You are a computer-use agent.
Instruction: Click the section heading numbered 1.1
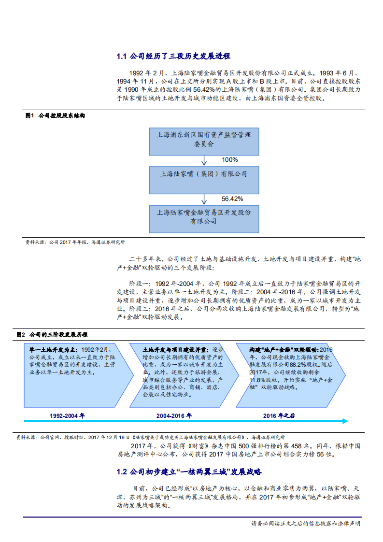coord(173,57)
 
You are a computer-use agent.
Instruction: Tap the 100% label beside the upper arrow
coord(229,159)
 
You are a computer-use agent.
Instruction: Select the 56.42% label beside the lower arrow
coord(232,199)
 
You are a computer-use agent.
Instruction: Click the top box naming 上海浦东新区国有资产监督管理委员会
coord(203,139)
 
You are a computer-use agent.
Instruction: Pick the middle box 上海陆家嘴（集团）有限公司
coord(203,179)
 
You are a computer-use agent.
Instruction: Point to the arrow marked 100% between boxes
coord(204,159)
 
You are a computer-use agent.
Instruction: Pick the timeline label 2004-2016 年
coord(174,415)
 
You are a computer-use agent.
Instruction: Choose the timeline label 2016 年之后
coord(279,415)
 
